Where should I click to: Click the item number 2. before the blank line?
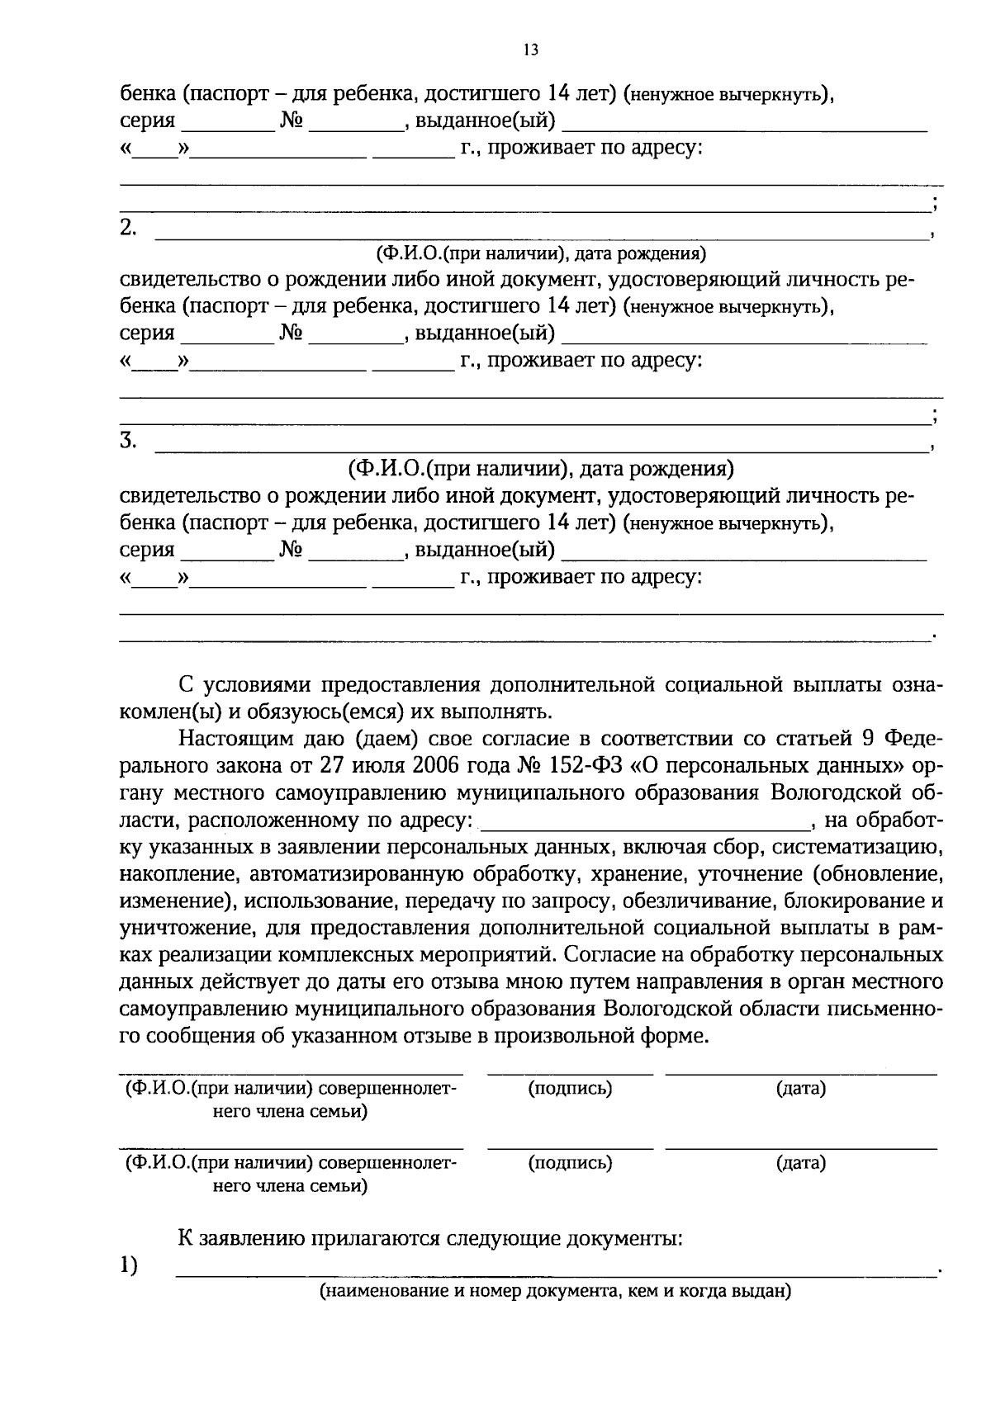click(x=128, y=229)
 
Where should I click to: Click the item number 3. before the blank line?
click(x=128, y=441)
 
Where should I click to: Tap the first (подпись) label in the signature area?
click(x=570, y=1089)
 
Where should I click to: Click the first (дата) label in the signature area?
click(x=800, y=1089)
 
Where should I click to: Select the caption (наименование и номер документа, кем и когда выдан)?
click(x=556, y=1292)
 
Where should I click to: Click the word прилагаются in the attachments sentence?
click(x=375, y=1239)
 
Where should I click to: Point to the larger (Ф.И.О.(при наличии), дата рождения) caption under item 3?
click(x=541, y=470)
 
